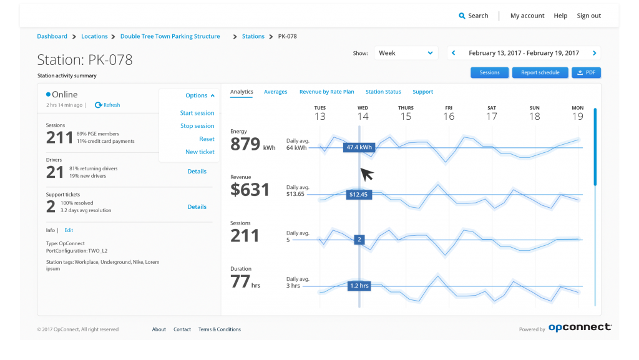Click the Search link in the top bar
click(x=474, y=16)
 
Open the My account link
click(x=527, y=16)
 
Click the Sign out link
click(x=588, y=16)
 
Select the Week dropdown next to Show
click(x=406, y=53)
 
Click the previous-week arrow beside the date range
click(x=454, y=53)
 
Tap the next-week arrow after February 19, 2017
click(x=594, y=53)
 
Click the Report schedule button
click(x=540, y=72)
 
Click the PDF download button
click(x=587, y=72)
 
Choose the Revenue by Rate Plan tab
click(x=326, y=92)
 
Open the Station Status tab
click(x=383, y=92)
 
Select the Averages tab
click(x=275, y=92)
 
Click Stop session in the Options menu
click(x=197, y=126)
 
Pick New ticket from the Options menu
click(x=200, y=152)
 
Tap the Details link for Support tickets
click(x=197, y=207)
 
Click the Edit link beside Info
click(x=69, y=230)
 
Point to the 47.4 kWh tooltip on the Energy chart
click(x=359, y=147)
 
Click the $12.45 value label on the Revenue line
click(x=359, y=194)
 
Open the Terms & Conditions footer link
click(x=219, y=329)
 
